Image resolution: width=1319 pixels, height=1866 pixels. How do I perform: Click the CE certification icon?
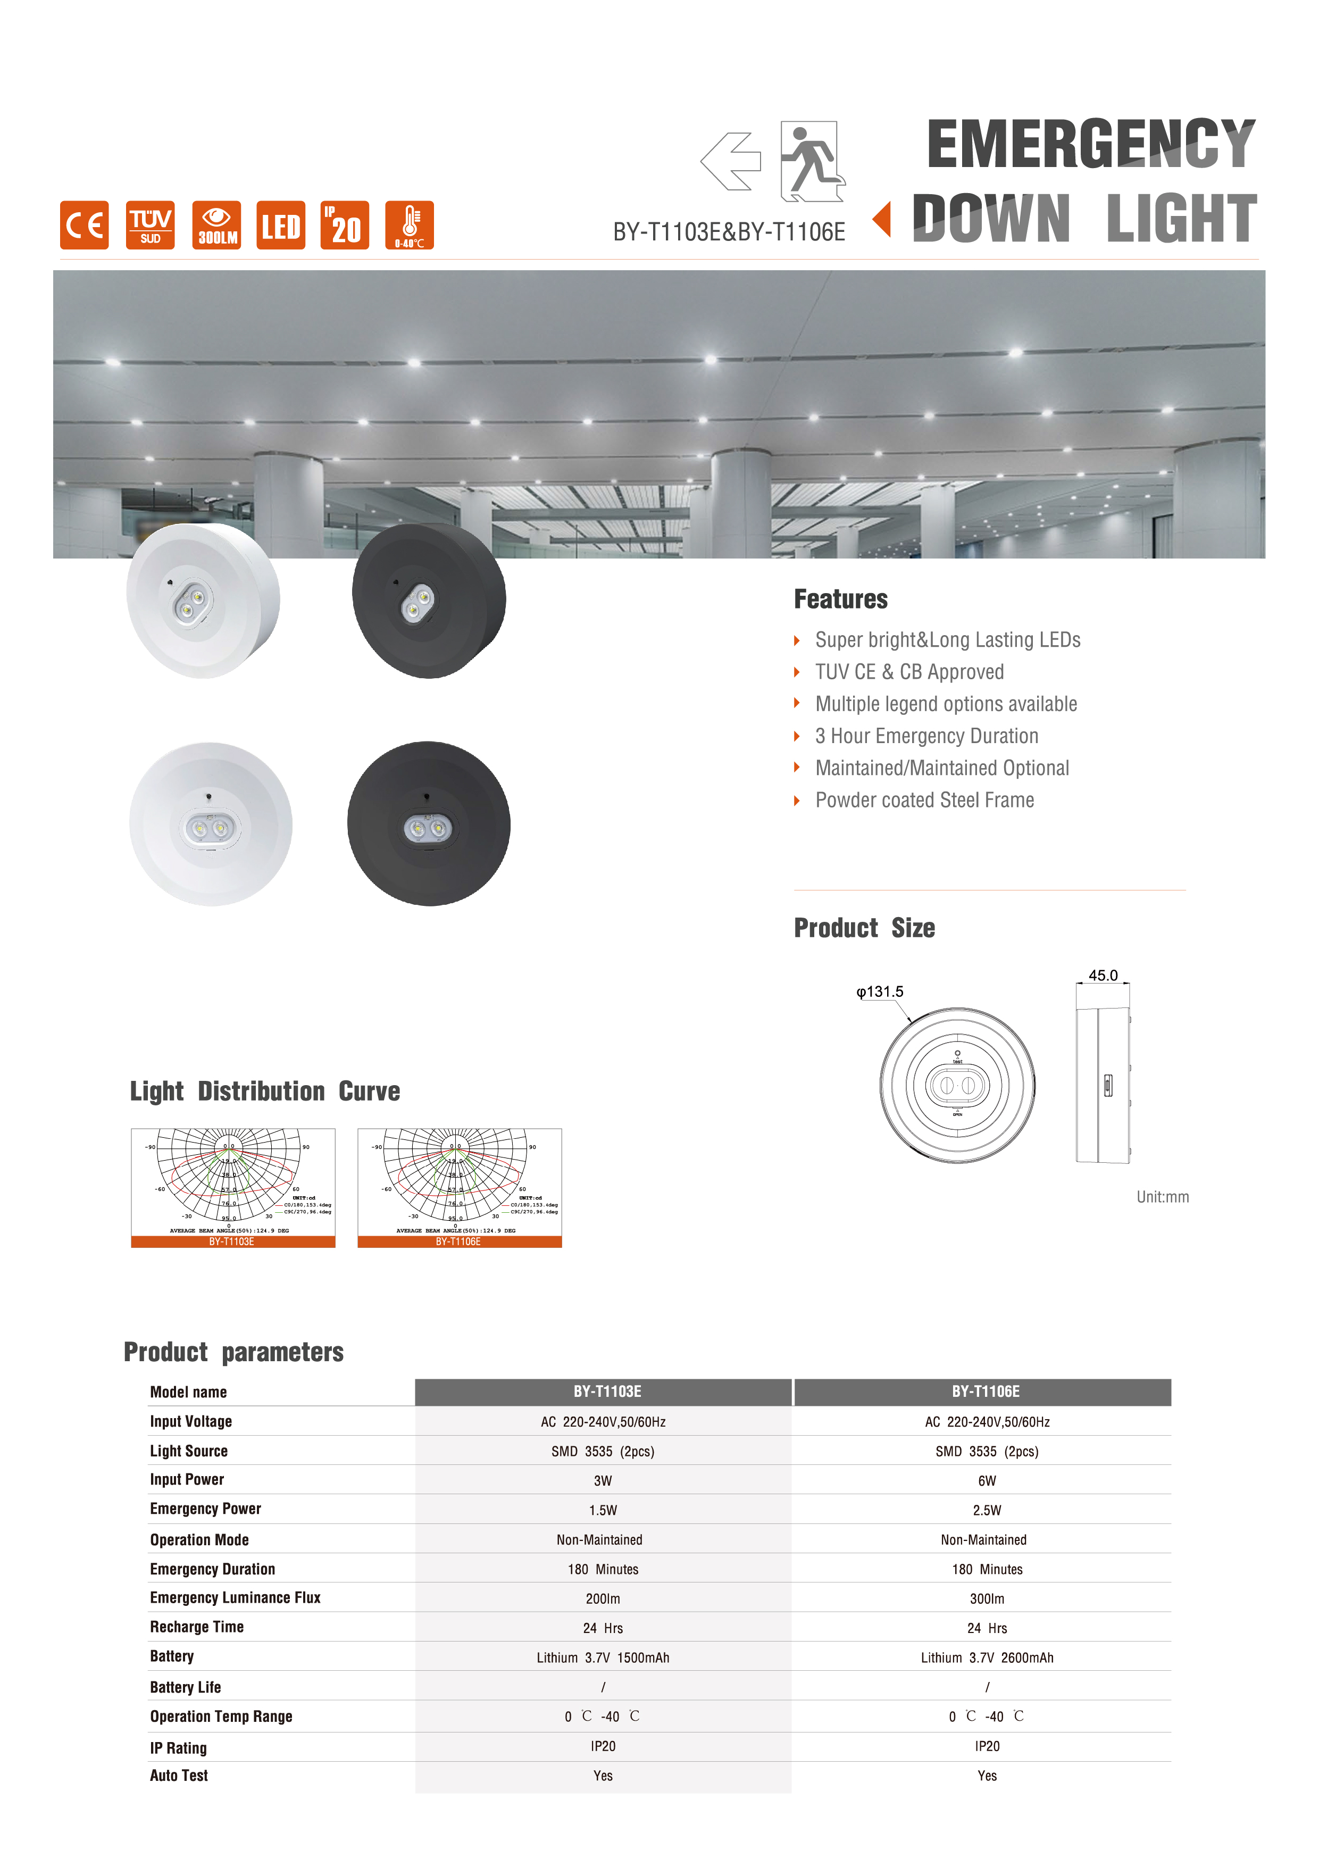pyautogui.click(x=84, y=225)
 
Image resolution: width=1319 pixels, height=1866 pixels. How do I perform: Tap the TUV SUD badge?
pyautogui.click(x=151, y=225)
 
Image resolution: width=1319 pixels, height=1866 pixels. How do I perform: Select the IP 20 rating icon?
pyautogui.click(x=345, y=225)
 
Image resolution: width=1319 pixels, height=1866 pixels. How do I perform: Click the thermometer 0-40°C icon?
pyautogui.click(x=409, y=225)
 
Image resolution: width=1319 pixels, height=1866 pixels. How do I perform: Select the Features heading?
pyautogui.click(x=840, y=599)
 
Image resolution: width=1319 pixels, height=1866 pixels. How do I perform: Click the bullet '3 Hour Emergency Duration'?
pyautogui.click(x=926, y=736)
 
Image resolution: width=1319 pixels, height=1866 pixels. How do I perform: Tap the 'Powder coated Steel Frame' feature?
pyautogui.click(x=924, y=801)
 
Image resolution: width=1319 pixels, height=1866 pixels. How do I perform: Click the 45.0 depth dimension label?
pyautogui.click(x=1103, y=975)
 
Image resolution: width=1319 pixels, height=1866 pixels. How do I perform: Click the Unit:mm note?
pyautogui.click(x=1162, y=1197)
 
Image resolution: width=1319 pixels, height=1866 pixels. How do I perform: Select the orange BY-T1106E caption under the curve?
pyautogui.click(x=458, y=1242)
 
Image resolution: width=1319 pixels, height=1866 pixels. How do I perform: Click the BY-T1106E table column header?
pyautogui.click(x=985, y=1392)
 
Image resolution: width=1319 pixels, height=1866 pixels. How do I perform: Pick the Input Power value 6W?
pyautogui.click(x=987, y=1481)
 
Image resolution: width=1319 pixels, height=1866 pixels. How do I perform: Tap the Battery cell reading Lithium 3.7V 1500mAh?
pyautogui.click(x=603, y=1658)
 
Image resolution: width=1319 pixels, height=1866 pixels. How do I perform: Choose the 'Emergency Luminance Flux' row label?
pyautogui.click(x=235, y=1598)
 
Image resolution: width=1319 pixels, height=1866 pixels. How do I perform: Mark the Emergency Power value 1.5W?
pyautogui.click(x=603, y=1510)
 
